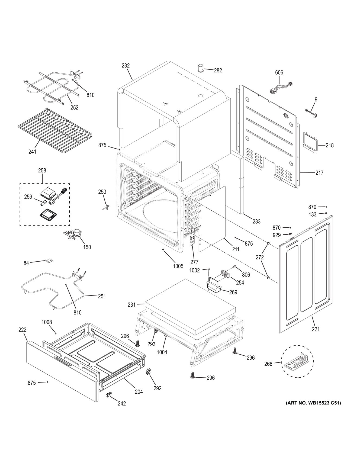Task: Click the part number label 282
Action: (218, 70)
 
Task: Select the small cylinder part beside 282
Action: (201, 68)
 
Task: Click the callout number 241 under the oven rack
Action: (32, 152)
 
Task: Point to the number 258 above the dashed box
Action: (42, 171)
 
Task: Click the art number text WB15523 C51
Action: (313, 403)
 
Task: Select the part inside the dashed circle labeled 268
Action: (297, 361)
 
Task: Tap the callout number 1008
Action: (47, 322)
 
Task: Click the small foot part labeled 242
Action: (108, 395)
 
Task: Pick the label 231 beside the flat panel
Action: (131, 305)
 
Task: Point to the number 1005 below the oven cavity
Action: (178, 266)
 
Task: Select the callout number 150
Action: (87, 247)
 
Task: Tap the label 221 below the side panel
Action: (316, 329)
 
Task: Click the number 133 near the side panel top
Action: (312, 214)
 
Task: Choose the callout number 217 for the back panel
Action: (319, 173)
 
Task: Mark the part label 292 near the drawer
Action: (157, 388)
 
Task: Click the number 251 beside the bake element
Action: (102, 296)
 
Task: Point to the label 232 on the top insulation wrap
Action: (126, 66)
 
